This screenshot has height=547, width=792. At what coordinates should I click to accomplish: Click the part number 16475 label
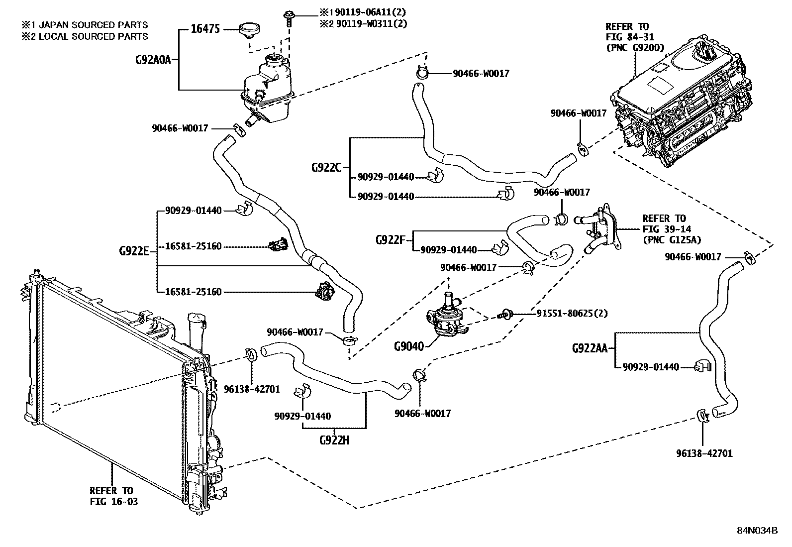pos(205,29)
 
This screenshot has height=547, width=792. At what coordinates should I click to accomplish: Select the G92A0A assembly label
pos(153,60)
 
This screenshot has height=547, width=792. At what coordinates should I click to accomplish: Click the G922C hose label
pos(326,167)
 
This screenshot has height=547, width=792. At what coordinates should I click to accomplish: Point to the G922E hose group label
pos(134,251)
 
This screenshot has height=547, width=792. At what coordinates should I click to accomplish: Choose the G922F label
pos(391,240)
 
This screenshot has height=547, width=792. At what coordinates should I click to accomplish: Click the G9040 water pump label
pos(409,345)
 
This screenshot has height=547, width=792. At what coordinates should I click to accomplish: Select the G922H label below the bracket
pos(334,440)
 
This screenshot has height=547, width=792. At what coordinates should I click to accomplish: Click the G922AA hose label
pos(590,348)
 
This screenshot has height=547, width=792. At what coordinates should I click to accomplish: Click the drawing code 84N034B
pos(757,530)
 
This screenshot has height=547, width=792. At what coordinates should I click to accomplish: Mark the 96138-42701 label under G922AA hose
pos(704,453)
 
